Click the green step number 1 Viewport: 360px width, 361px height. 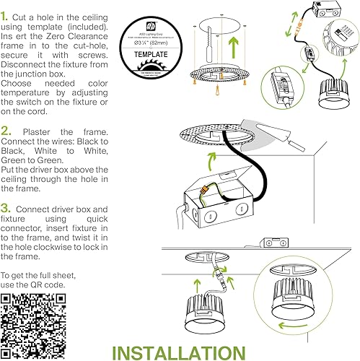(5, 14)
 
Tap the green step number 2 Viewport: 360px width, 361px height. (6, 132)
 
